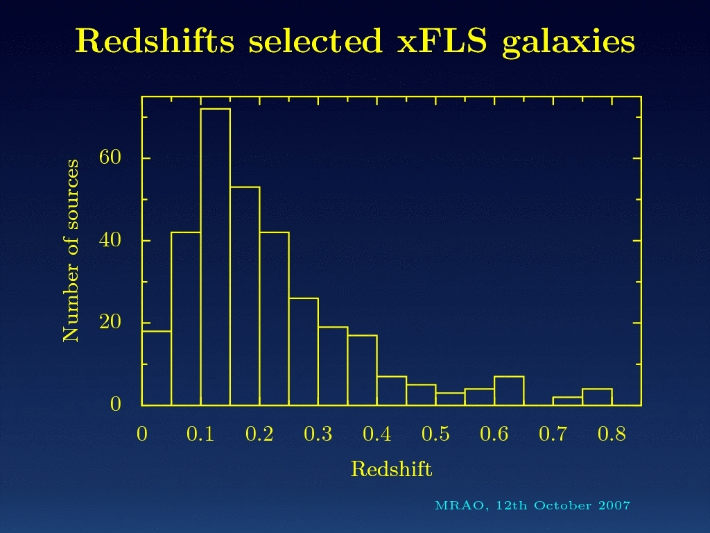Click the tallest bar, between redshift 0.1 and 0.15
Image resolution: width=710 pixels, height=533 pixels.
[215, 257]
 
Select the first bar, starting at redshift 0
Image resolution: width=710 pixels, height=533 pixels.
[157, 369]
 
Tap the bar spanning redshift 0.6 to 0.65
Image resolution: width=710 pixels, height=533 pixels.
[509, 391]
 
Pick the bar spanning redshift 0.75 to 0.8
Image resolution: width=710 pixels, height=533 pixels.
[597, 397]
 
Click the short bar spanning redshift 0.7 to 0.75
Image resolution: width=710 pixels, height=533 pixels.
[567, 401]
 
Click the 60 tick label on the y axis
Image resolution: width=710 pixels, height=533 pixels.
[110, 158]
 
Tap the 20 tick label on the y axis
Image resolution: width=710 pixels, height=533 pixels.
[110, 323]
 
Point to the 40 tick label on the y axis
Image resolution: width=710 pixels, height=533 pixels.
[110, 240]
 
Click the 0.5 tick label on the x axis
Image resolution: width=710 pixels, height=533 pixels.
[435, 435]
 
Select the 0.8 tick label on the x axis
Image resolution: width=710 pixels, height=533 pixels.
[612, 435]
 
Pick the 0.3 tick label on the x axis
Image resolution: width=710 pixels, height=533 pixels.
[318, 435]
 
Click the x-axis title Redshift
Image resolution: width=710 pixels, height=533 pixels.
[391, 470]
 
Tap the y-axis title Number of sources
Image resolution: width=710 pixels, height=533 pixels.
[71, 251]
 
